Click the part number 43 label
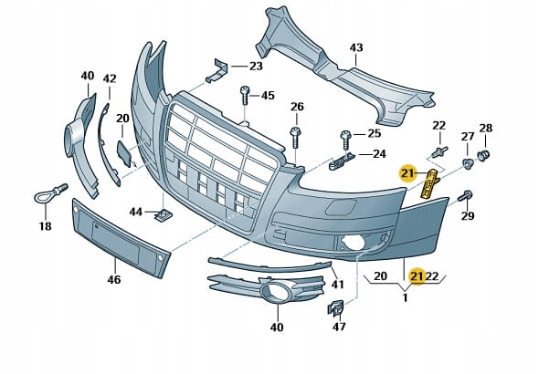click(x=356, y=47)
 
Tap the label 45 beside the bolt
click(x=268, y=95)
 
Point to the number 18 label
click(x=45, y=226)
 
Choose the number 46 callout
click(x=114, y=280)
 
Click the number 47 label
click(x=339, y=326)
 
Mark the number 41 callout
click(x=337, y=285)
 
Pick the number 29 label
click(x=469, y=216)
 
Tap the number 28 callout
click(x=486, y=128)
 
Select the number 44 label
click(x=135, y=212)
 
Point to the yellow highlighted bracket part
click(x=427, y=184)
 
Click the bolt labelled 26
click(x=295, y=138)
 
